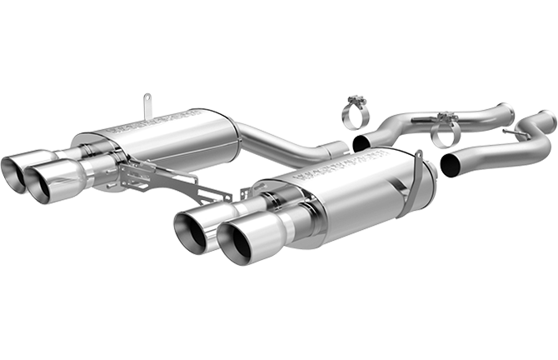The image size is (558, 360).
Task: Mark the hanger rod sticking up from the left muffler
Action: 147,107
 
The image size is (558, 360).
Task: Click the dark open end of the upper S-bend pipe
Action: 361,143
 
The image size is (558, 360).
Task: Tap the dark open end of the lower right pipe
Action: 450,163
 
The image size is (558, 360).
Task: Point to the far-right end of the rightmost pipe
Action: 550,122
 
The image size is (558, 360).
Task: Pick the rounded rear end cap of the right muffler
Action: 424,188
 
